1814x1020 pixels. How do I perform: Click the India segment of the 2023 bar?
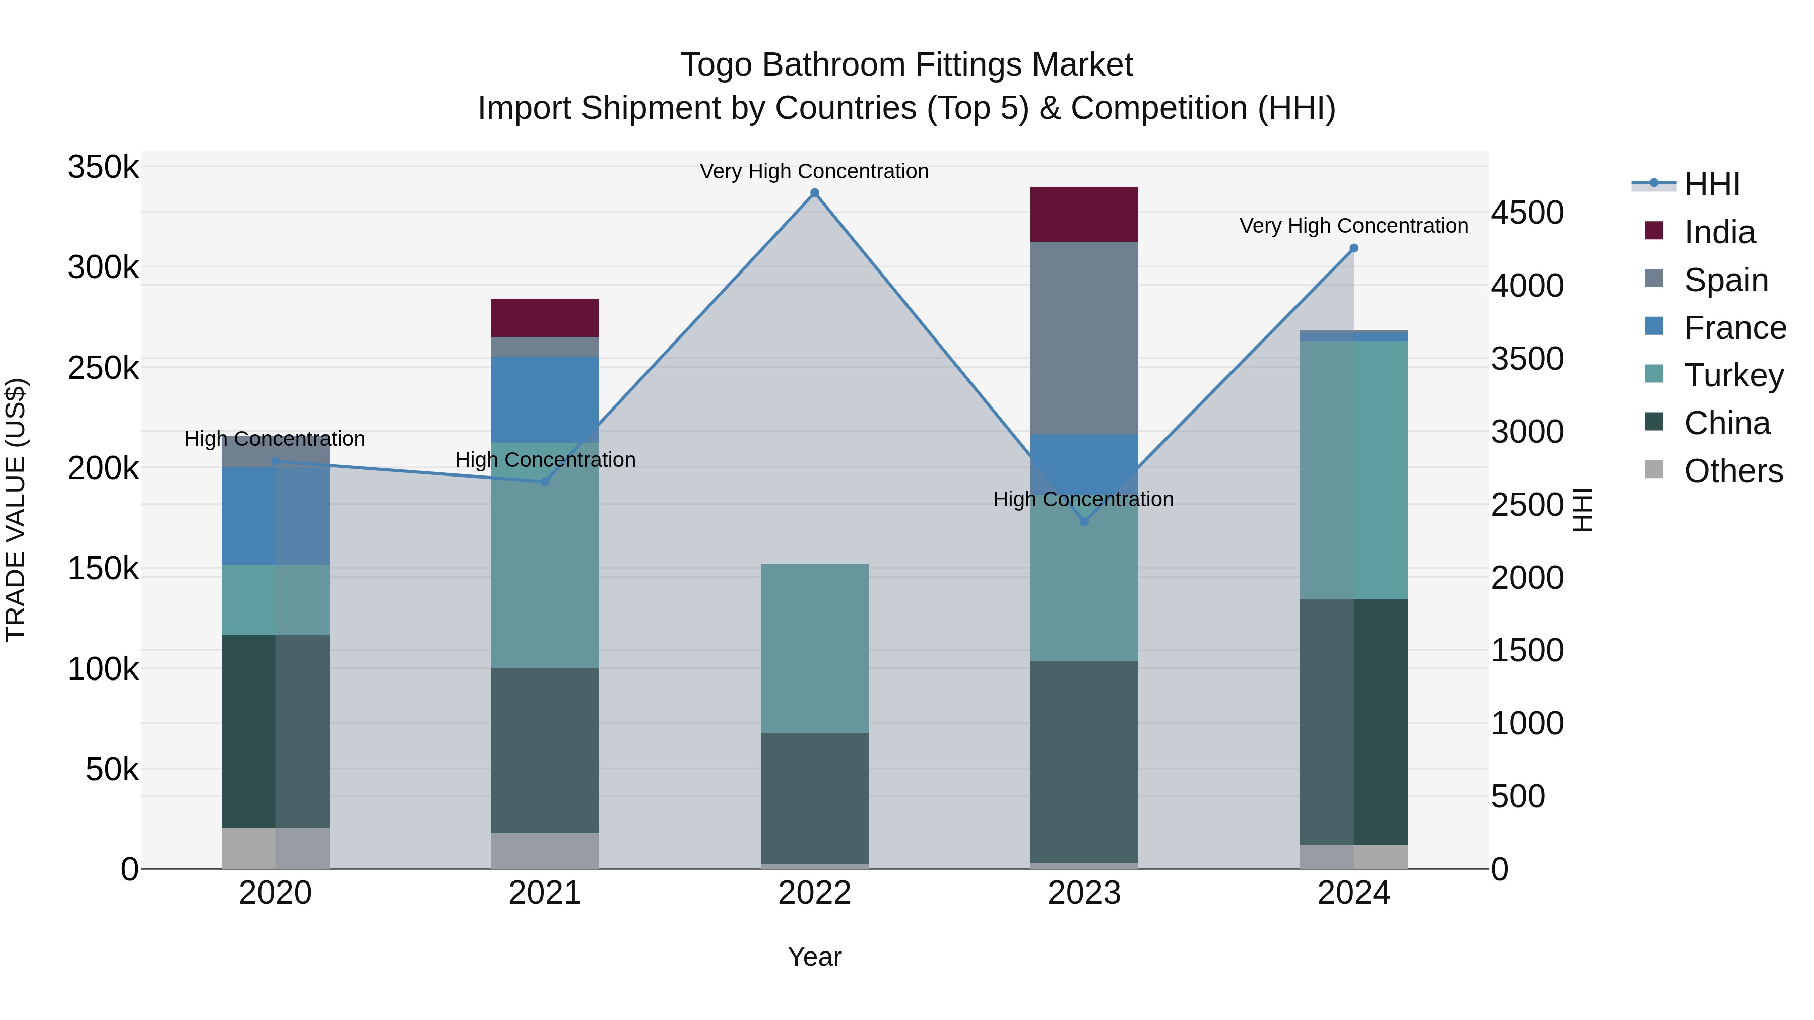coord(1084,214)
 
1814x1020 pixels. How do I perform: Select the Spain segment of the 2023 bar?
coord(1084,338)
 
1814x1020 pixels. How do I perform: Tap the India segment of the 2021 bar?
coord(545,317)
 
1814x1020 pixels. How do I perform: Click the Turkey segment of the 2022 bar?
coord(815,648)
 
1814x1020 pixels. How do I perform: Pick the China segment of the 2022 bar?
coord(815,798)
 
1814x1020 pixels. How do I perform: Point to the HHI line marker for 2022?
coord(815,193)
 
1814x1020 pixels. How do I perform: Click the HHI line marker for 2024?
coord(1353,248)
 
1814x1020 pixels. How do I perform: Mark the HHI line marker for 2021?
coord(545,482)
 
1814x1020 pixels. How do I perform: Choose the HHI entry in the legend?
coord(1711,184)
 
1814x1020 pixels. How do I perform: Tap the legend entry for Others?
coord(1732,471)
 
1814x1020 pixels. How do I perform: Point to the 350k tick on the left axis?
coord(103,168)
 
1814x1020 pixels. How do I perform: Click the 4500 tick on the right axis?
coord(1527,213)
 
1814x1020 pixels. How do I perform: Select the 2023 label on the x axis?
coord(1084,893)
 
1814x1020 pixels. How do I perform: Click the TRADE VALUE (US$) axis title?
coord(16,510)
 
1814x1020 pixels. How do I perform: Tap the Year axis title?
coord(815,957)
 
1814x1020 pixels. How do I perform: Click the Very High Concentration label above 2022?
coord(814,171)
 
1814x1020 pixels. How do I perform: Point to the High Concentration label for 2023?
coord(1083,499)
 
